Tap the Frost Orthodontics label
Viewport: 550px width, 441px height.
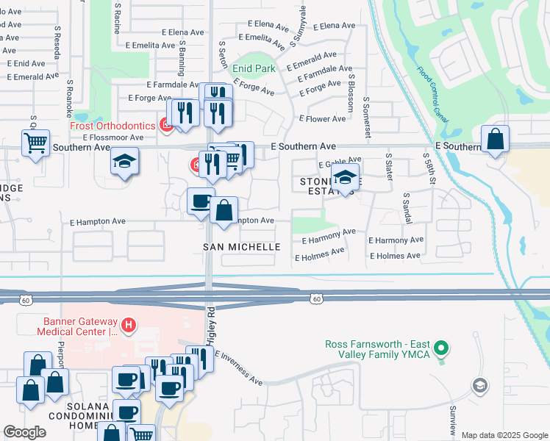tap(113, 126)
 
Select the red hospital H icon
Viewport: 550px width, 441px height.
tap(129, 325)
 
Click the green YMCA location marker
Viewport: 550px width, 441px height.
tap(440, 347)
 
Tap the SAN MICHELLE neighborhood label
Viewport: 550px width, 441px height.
tap(242, 247)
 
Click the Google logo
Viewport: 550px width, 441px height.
tap(25, 432)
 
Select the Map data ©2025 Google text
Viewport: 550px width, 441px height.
tap(504, 435)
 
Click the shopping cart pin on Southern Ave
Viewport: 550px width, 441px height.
tap(35, 142)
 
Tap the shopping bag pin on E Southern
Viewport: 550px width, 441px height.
tap(496, 139)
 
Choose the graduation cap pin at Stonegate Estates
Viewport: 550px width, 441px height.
tap(345, 177)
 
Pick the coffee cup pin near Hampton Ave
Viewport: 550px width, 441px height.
tap(201, 201)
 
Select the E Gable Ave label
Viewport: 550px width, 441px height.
tap(339, 161)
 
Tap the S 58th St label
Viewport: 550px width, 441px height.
tap(429, 170)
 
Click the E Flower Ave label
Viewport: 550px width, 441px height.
tap(322, 119)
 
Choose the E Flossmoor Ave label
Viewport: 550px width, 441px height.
tap(113, 137)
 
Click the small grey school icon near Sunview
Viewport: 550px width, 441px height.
tap(479, 385)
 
